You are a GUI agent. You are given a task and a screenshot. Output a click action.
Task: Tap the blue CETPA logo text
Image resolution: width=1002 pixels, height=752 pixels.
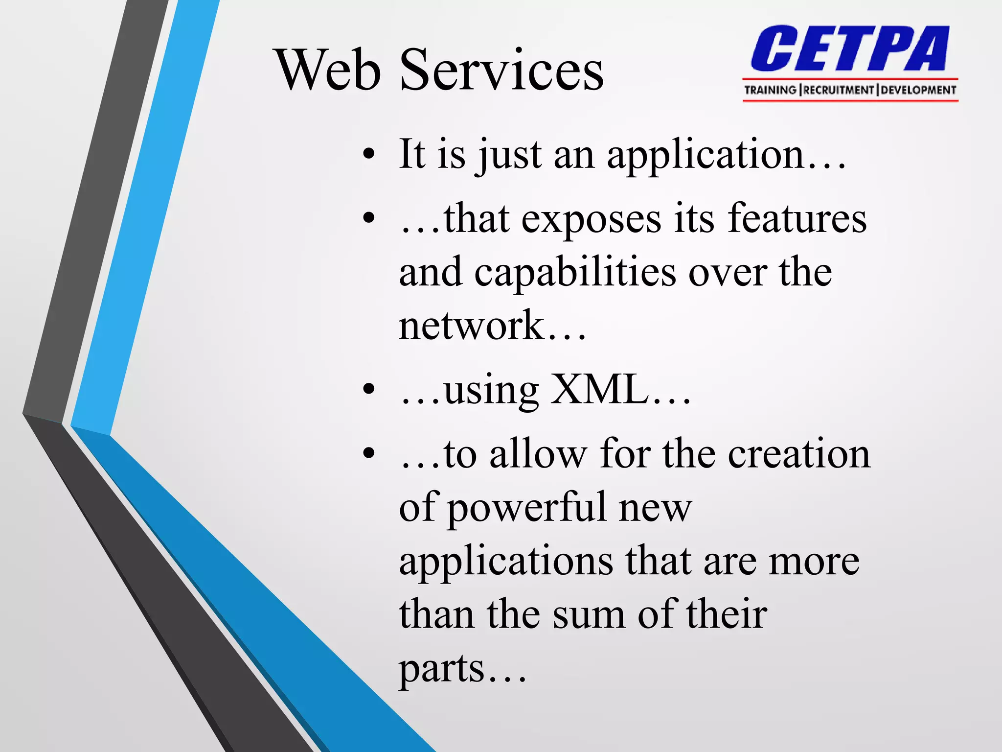(850, 49)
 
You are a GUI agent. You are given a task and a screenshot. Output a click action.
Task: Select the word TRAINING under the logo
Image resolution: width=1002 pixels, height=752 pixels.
(770, 90)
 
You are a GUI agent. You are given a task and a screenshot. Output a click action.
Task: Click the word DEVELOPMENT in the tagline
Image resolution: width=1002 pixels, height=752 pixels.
(918, 90)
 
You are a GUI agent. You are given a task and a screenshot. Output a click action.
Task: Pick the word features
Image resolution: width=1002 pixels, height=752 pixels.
(797, 219)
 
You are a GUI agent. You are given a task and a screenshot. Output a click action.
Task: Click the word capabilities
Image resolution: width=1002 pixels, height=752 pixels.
(575, 273)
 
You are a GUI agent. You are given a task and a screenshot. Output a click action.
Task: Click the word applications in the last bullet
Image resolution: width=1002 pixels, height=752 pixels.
(506, 561)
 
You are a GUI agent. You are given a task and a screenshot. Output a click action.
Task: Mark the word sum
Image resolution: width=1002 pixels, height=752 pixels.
(589, 614)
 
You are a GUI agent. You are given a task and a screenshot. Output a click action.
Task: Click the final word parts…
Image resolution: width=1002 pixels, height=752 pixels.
(462, 669)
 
